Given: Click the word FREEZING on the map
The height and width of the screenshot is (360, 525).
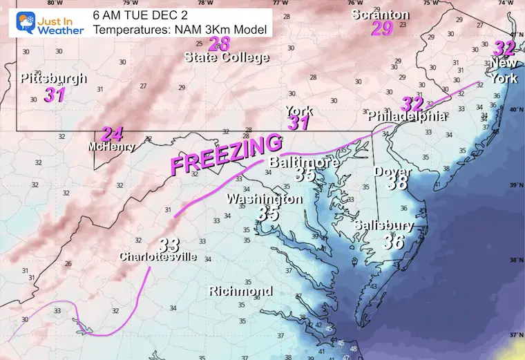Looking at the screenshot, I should click(x=226, y=155).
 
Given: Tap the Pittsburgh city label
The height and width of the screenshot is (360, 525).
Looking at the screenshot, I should click(x=53, y=79).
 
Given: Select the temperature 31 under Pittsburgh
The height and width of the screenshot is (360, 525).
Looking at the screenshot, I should click(x=55, y=95).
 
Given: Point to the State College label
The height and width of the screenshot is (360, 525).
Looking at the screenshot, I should click(x=227, y=57).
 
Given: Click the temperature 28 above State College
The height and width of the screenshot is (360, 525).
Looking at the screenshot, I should click(x=219, y=44).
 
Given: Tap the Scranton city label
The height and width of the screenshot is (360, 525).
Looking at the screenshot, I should click(x=380, y=15).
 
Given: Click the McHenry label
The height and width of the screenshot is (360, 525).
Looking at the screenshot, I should click(x=111, y=147).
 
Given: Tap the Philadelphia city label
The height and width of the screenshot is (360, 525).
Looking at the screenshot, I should click(x=408, y=116).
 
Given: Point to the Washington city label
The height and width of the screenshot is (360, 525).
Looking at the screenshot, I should click(x=265, y=199).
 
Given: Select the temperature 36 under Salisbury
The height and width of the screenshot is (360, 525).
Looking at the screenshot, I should click(x=393, y=240).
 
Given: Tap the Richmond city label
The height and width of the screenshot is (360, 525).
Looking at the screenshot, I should click(x=240, y=291).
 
